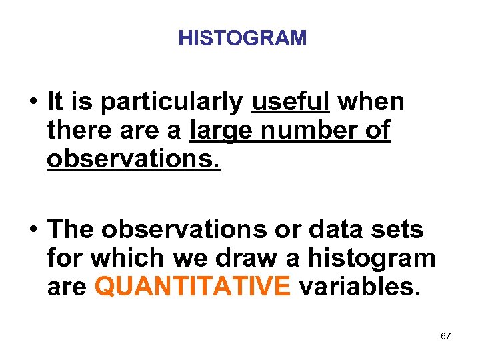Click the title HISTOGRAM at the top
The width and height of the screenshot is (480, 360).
(243, 39)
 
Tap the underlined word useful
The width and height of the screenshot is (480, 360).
(291, 102)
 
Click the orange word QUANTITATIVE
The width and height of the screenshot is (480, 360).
(193, 286)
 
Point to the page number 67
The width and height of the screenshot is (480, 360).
(446, 336)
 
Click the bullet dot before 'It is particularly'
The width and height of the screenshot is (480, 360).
(32, 103)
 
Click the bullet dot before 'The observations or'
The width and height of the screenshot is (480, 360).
(32, 230)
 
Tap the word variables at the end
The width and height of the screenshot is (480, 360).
(359, 286)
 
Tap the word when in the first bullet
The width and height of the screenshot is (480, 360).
(371, 102)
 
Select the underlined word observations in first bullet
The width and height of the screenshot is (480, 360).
(133, 159)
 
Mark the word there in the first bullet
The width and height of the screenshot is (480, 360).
(78, 131)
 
